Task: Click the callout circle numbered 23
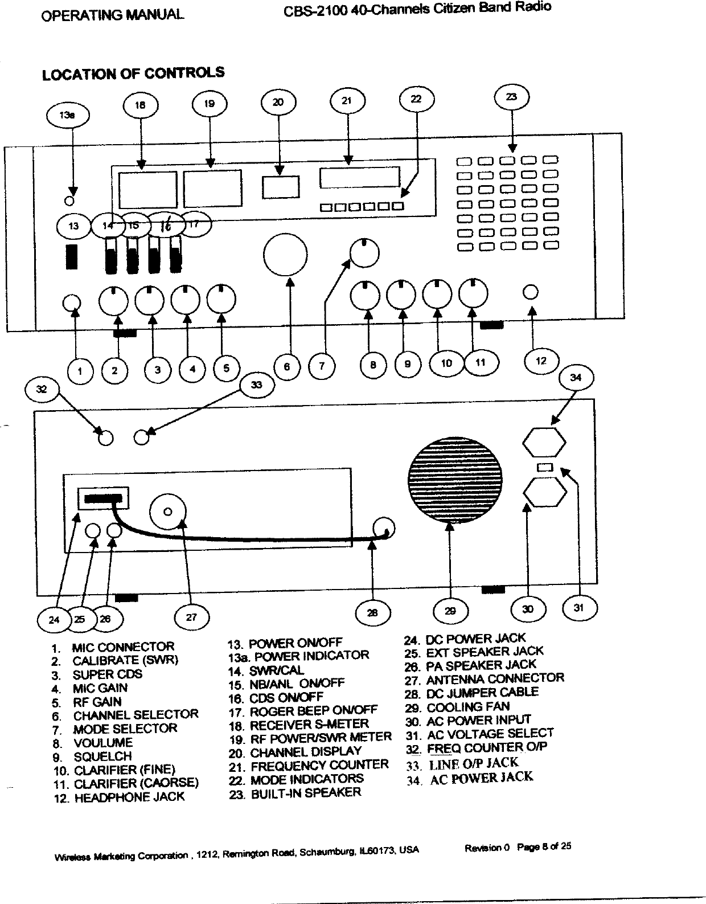click(x=512, y=97)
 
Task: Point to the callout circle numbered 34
click(x=576, y=378)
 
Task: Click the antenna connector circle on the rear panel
click(x=167, y=512)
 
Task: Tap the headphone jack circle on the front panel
click(x=530, y=292)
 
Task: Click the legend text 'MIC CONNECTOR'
click(x=123, y=647)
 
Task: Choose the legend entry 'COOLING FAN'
click(x=468, y=707)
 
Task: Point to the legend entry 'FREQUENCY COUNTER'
click(x=319, y=765)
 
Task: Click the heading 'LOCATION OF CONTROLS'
click(x=133, y=73)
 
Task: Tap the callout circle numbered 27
click(x=191, y=617)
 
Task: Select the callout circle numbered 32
click(x=41, y=390)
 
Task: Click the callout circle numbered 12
click(x=541, y=361)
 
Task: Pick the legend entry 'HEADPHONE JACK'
click(x=129, y=797)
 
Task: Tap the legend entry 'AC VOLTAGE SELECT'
click(x=490, y=734)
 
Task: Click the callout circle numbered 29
click(x=450, y=611)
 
